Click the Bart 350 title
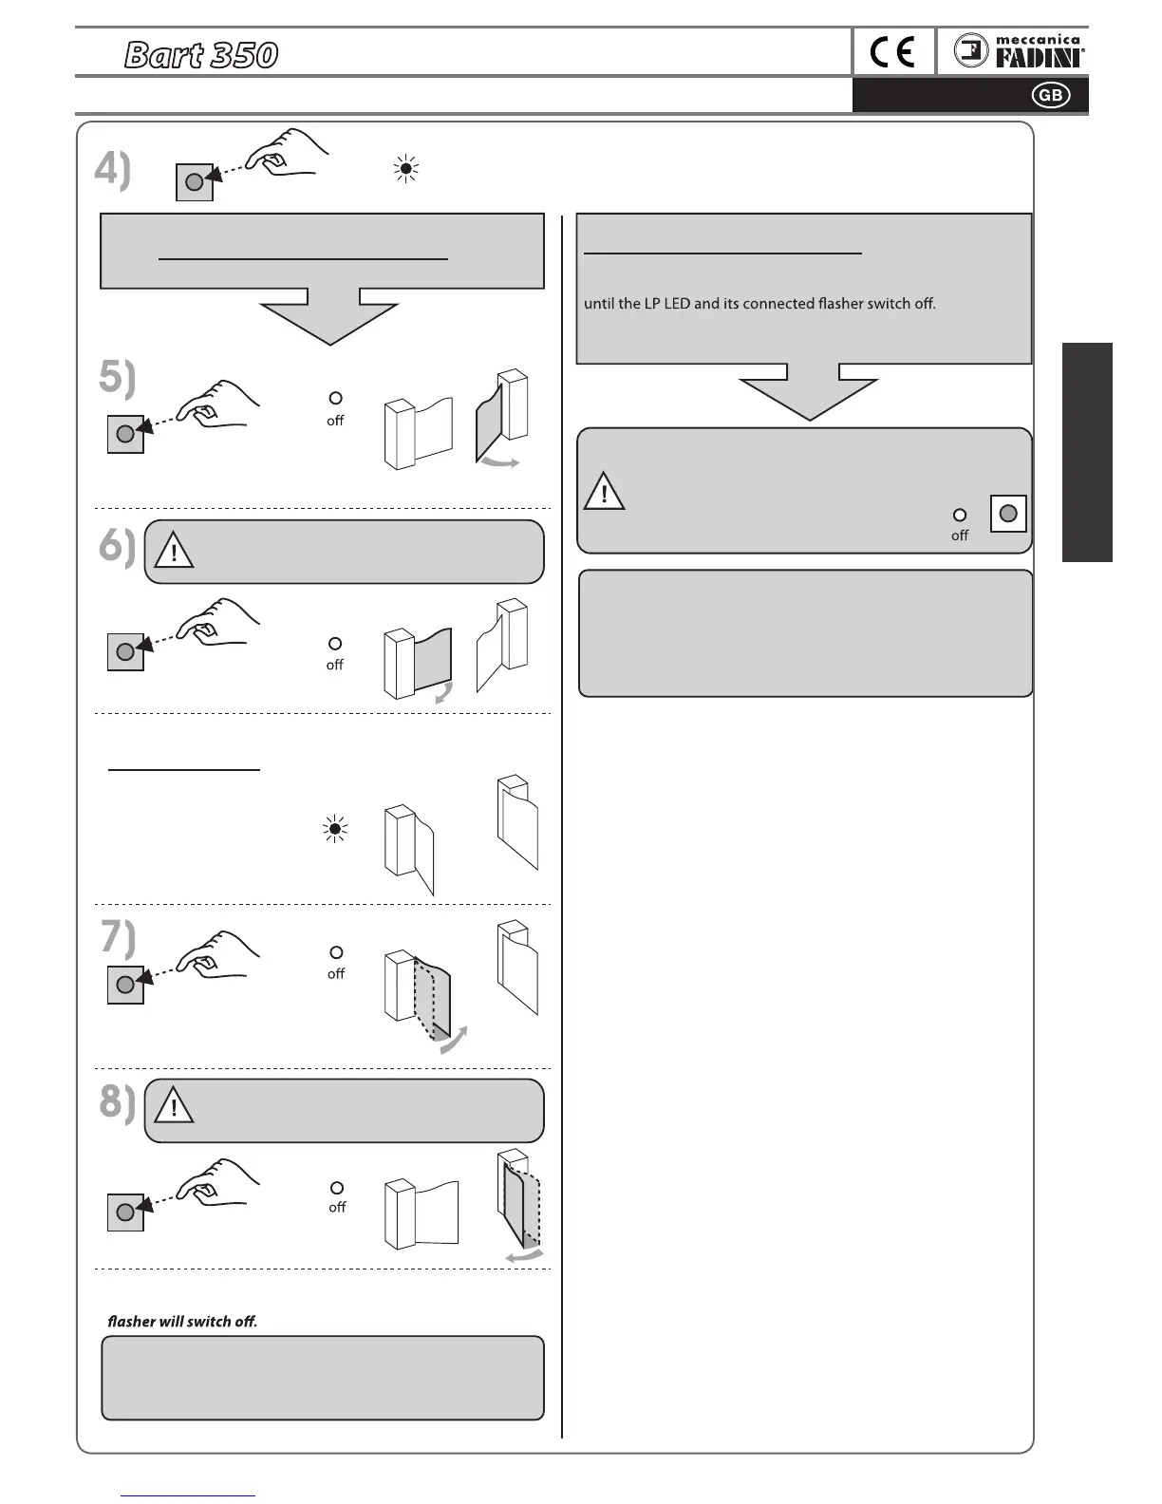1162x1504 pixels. point(201,55)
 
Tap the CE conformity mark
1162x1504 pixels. point(892,52)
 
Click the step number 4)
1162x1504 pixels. point(112,171)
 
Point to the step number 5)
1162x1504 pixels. point(117,378)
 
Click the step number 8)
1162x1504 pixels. point(118,1102)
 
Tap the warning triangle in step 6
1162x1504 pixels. point(174,551)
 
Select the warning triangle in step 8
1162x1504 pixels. point(174,1106)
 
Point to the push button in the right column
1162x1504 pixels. point(1008,514)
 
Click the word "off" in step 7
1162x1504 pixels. point(336,973)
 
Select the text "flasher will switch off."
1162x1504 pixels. point(182,1321)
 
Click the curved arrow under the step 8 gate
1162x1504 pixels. point(523,1256)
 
